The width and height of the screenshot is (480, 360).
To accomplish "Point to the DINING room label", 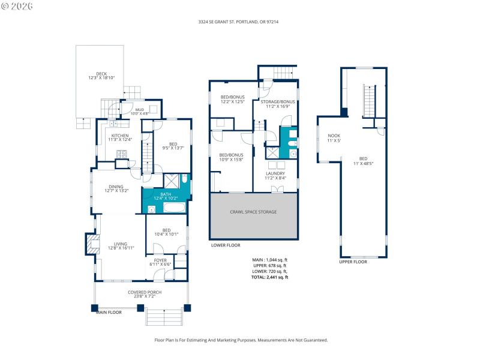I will [116, 188].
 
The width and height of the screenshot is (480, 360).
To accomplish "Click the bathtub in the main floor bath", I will [175, 208].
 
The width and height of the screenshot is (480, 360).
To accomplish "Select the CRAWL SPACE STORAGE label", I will [253, 212].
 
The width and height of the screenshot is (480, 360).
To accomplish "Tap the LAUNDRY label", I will [275, 175].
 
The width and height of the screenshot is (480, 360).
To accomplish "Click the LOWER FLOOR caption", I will [226, 245].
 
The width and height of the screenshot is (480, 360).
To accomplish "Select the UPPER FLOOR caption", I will [353, 262].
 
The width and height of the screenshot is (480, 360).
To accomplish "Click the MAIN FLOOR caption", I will [109, 312].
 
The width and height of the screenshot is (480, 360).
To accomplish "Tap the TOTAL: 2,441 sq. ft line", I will [270, 277].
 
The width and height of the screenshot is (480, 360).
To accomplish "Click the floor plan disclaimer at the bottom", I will [241, 340].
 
